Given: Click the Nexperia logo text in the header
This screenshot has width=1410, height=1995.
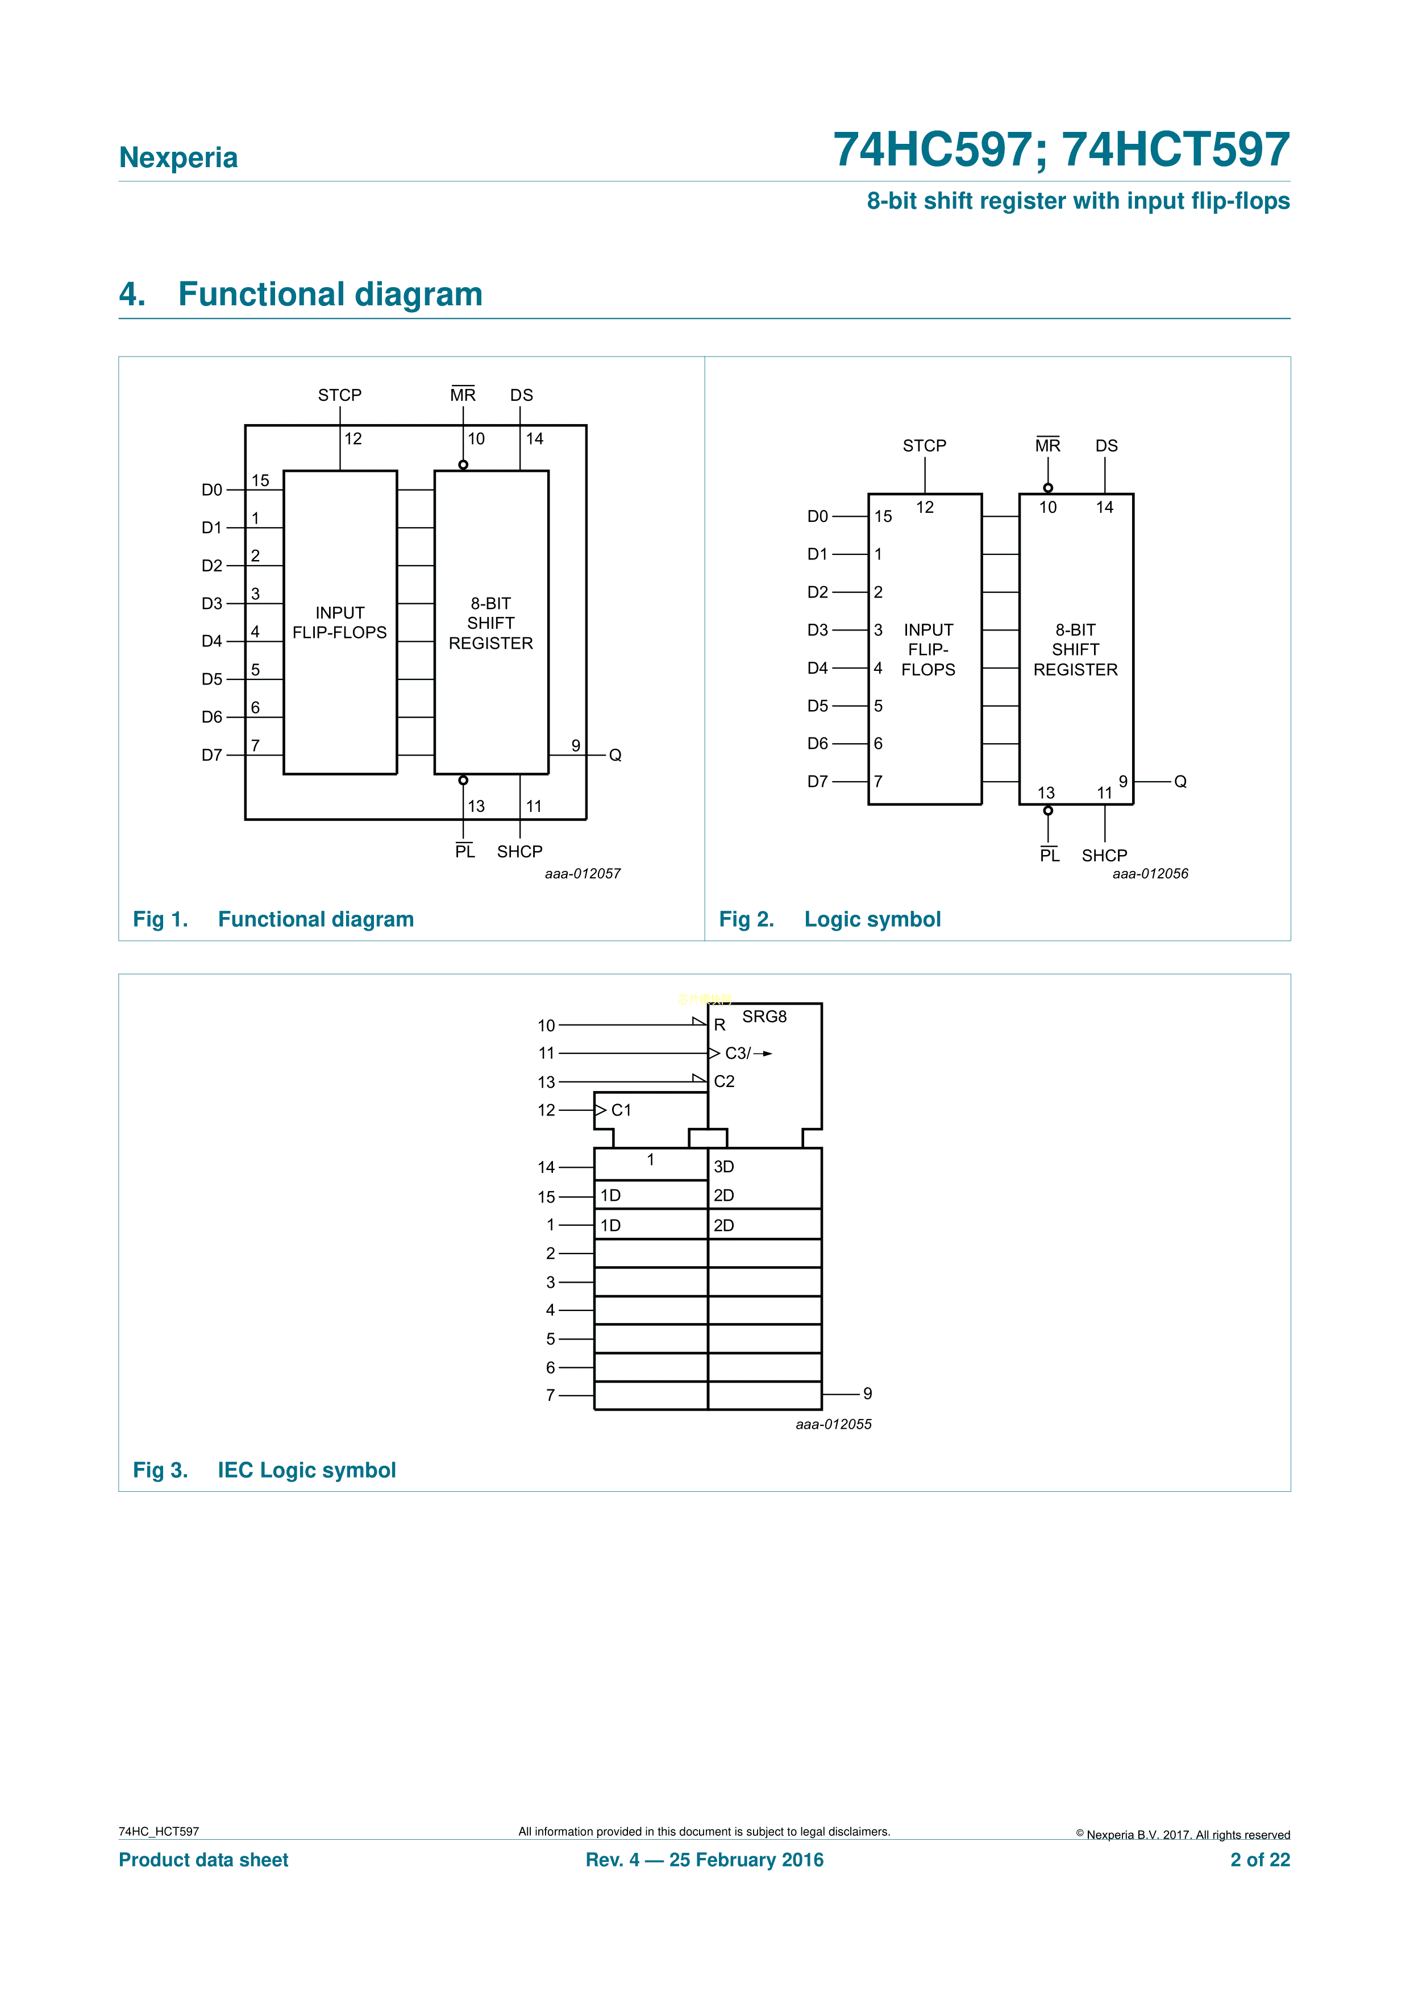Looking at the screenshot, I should (178, 157).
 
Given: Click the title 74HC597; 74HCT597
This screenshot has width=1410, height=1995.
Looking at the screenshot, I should (1060, 150).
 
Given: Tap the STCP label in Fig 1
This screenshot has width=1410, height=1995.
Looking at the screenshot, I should (340, 395).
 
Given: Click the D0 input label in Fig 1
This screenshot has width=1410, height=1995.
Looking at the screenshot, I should (212, 490).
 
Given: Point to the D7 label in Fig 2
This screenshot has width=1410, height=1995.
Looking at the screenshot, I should (817, 781).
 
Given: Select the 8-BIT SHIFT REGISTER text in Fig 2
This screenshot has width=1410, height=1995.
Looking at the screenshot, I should (1075, 650).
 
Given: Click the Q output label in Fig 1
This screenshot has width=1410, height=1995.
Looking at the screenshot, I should (615, 755).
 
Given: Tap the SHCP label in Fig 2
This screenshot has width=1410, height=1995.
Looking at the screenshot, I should (1104, 856).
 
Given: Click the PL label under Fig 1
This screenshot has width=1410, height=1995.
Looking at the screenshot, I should (465, 852).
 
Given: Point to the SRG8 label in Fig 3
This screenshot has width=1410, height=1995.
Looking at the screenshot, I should (764, 1017).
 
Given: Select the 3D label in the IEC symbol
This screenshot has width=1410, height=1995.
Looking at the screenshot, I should (723, 1167).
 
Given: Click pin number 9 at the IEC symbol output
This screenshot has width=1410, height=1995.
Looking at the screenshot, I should (867, 1393).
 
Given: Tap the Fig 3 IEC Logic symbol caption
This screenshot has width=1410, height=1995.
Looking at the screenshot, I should (264, 1470).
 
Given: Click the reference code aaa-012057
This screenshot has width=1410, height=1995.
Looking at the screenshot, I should (583, 873).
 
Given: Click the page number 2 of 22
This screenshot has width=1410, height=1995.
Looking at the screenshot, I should (1260, 1860).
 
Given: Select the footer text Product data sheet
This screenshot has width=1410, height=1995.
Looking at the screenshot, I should (203, 1860).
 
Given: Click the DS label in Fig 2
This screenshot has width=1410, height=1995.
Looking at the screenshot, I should (1106, 446).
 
